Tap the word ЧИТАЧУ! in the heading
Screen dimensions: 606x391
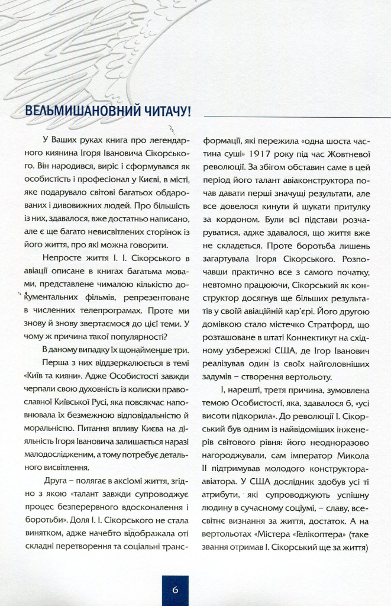click(x=165, y=112)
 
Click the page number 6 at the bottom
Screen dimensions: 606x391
click(x=176, y=589)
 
